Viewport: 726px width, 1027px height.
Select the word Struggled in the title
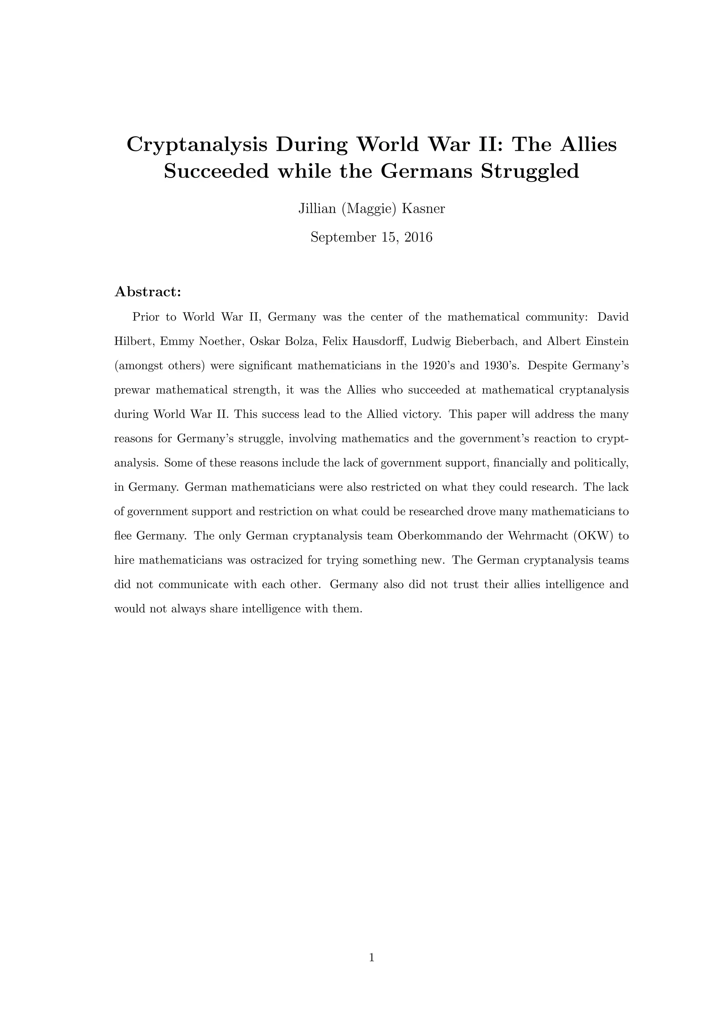coord(530,171)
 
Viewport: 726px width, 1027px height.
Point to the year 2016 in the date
coord(418,237)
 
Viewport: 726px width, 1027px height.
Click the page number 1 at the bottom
coord(371,957)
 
